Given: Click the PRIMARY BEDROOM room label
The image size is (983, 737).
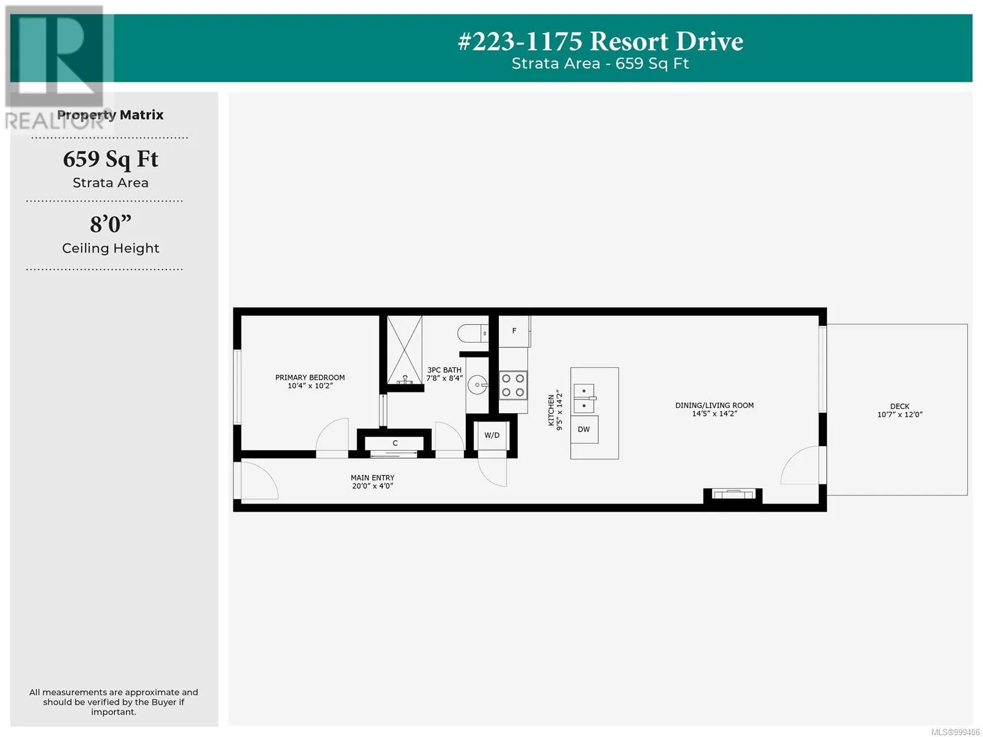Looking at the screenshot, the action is (310, 377).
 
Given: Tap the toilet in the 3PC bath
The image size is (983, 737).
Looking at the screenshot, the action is (472, 334).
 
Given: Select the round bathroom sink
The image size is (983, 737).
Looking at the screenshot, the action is (477, 385).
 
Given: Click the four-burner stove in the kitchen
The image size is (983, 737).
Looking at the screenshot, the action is (513, 385).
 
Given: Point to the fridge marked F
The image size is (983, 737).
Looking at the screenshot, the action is (514, 331).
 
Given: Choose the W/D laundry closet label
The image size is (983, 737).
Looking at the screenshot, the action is (491, 435).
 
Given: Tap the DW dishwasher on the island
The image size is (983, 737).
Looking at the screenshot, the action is (584, 429).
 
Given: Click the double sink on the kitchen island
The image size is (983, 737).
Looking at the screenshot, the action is (584, 398).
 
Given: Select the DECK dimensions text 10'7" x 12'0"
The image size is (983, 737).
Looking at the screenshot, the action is (899, 415).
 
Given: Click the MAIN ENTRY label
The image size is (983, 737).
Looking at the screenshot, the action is (372, 478).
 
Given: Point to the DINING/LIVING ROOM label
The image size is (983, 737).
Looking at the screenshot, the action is (715, 405).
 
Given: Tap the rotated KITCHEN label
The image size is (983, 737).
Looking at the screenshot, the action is (551, 410).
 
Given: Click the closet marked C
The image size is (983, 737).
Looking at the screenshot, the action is (394, 443).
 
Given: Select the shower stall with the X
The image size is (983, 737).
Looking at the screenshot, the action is (404, 349).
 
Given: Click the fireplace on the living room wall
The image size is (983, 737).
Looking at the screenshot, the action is (733, 494).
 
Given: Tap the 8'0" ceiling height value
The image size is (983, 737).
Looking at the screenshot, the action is (111, 224).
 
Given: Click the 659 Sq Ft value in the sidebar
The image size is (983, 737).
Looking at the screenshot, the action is (111, 160).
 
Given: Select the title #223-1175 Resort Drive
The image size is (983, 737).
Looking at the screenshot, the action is (600, 41).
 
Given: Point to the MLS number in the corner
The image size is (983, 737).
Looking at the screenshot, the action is (956, 732).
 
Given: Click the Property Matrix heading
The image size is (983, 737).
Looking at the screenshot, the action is (110, 115).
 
